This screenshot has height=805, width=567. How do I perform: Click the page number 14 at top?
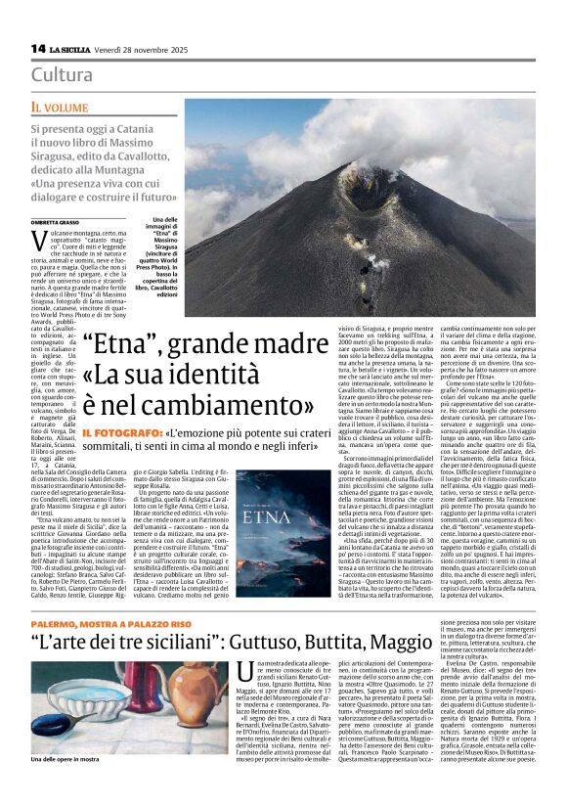pos(38,48)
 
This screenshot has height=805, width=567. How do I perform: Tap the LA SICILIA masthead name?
pos(73,49)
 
